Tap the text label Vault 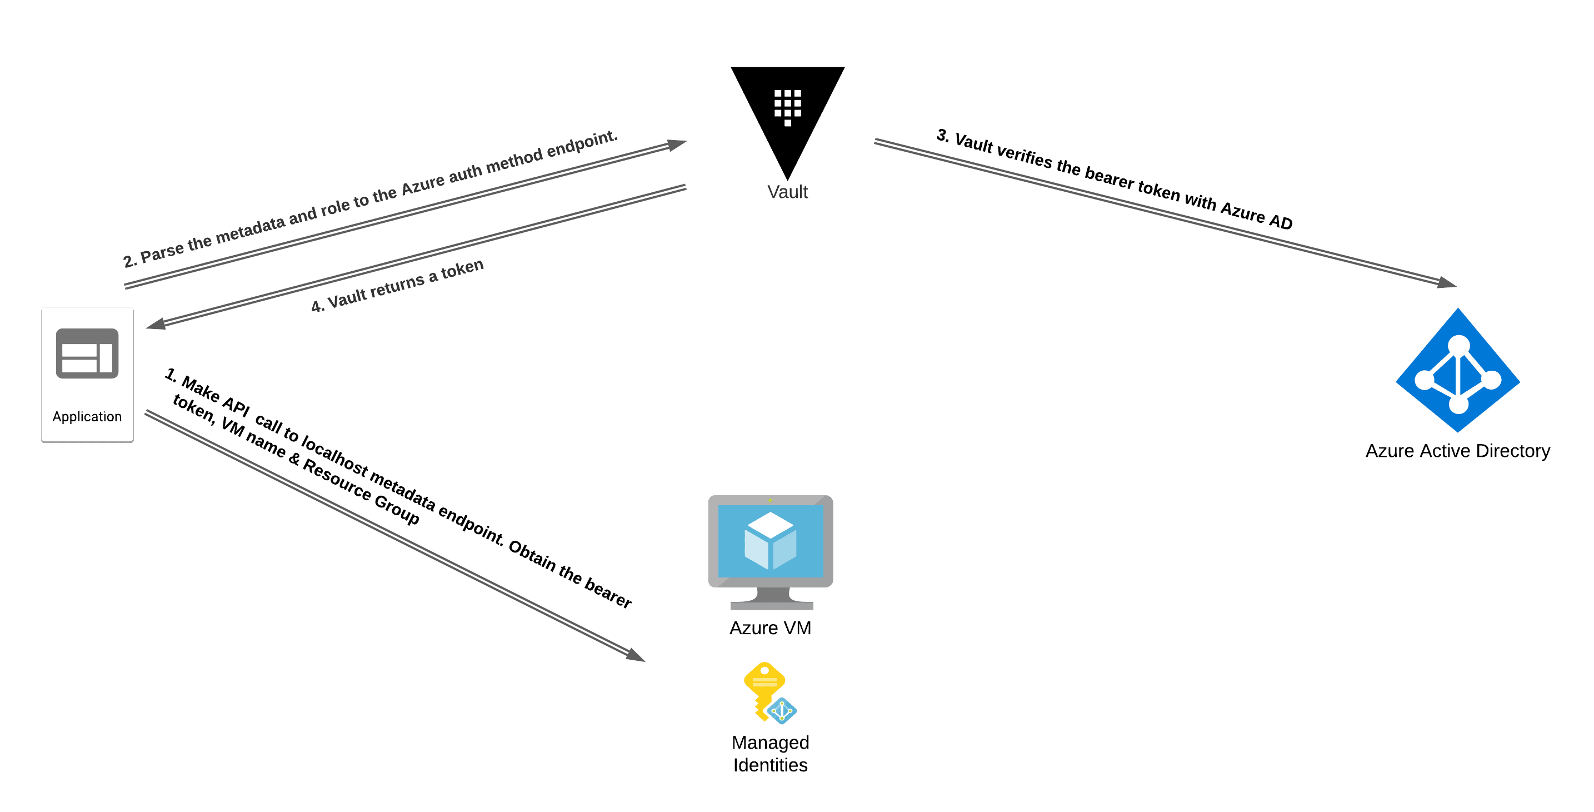[x=787, y=192]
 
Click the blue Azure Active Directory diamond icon [x=1458, y=370]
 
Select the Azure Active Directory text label [x=1457, y=451]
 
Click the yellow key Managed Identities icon [x=766, y=689]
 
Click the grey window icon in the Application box [x=87, y=353]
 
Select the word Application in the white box [x=87, y=416]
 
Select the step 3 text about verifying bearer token [x=1114, y=179]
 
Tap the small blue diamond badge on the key [x=782, y=711]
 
